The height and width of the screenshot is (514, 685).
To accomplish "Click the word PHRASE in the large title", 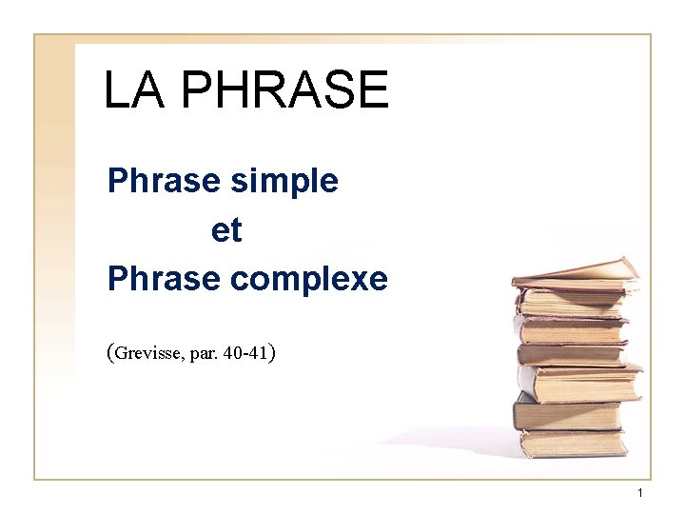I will tap(284, 90).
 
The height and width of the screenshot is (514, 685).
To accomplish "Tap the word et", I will tap(226, 229).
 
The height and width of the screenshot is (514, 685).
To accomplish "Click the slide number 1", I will tap(640, 492).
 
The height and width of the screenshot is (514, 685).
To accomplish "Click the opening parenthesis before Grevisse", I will tap(111, 354).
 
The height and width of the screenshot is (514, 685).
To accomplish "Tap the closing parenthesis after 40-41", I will tap(273, 354).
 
